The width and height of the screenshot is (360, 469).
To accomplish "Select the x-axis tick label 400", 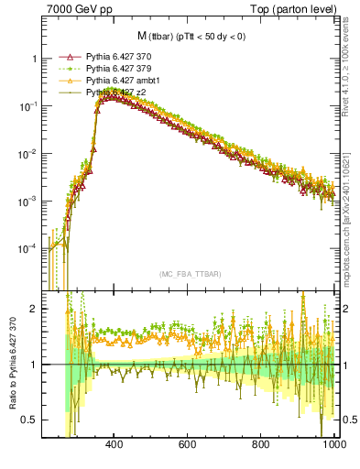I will click(x=115, y=445).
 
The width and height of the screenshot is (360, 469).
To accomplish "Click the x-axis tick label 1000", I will click(x=333, y=445).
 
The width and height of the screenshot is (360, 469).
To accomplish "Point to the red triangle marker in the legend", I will click(x=65, y=57).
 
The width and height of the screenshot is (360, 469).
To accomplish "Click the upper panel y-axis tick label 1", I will click(x=36, y=59).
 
